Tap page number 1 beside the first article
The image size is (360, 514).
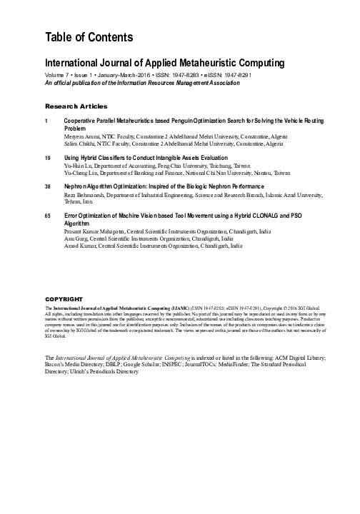coord(47,121)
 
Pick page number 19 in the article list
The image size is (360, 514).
coord(48,157)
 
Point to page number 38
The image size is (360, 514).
coord(48,186)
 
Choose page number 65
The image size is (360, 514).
coord(48,215)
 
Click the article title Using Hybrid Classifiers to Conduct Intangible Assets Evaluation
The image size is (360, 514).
coord(146,157)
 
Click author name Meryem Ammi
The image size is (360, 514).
coord(80,136)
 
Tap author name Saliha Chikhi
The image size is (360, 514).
coord(79,143)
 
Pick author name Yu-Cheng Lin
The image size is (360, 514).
coord(79,172)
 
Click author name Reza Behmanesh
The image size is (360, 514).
coord(85,193)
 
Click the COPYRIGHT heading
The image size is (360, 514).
coord(64,298)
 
